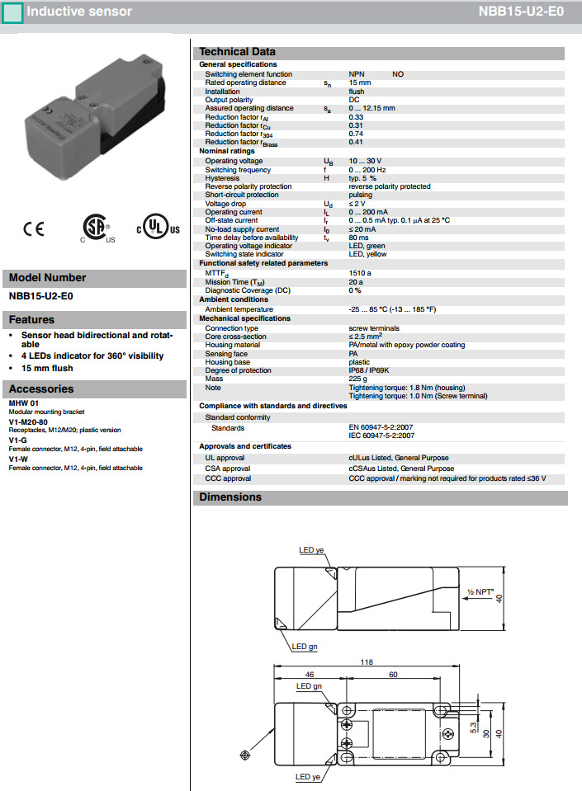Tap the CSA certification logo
coord(97,228)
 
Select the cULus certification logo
coord(158,228)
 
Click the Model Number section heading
coord(47,278)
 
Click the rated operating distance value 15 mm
coord(360,83)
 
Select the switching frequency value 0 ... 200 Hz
coord(367,170)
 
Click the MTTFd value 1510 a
coord(360,272)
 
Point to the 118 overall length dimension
coord(367,662)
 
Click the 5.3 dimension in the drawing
coord(471,728)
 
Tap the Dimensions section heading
coord(230,497)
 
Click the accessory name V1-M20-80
coord(29,422)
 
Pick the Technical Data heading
coord(238,52)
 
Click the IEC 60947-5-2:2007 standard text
coord(381,435)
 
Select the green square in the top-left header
coord(12,12)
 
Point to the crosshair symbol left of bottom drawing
coord(244,756)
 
